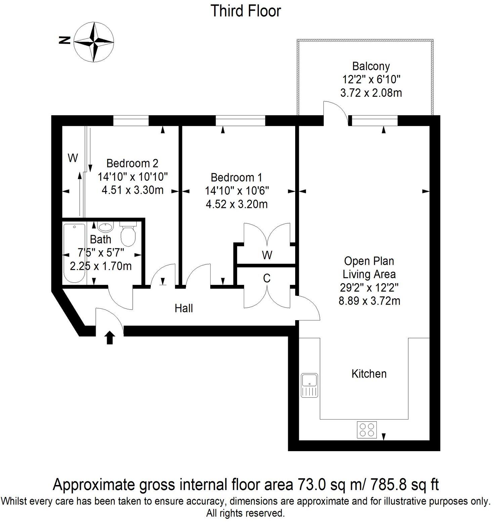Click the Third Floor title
coord(245,11)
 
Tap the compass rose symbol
coord(93,42)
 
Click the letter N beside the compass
coord(64,41)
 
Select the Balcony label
coord(371,66)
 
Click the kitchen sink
coord(309,385)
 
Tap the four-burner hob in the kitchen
coord(367,430)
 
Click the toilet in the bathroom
coord(128,234)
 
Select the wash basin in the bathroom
coord(106,227)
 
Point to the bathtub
coord(74,253)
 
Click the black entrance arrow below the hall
coord(110,338)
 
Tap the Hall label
coord(184,308)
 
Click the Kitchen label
coord(369,374)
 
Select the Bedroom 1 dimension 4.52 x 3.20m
coord(237,204)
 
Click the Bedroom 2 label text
coord(132,163)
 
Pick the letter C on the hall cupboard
coord(267,278)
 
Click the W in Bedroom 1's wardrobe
coord(267,255)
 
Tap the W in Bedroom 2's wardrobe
coord(73,158)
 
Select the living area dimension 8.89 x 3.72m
coord(369,301)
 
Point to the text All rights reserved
coord(245,513)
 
